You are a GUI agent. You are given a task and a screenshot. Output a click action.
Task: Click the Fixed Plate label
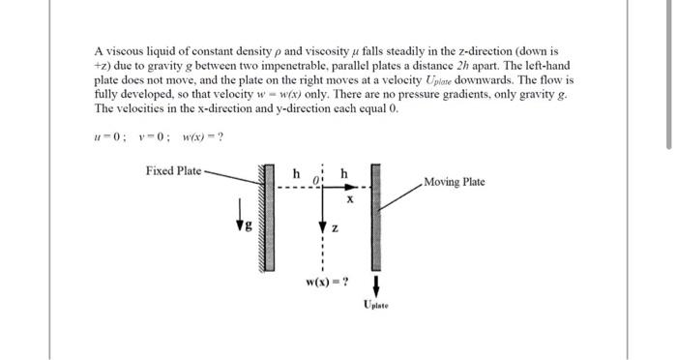pyautogui.click(x=173, y=171)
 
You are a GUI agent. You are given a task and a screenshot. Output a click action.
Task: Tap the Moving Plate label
pyautogui.click(x=454, y=182)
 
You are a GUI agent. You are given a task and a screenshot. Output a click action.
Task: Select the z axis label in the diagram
pyautogui.click(x=335, y=228)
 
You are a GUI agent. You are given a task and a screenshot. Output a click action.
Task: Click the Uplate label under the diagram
pyautogui.click(x=377, y=306)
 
